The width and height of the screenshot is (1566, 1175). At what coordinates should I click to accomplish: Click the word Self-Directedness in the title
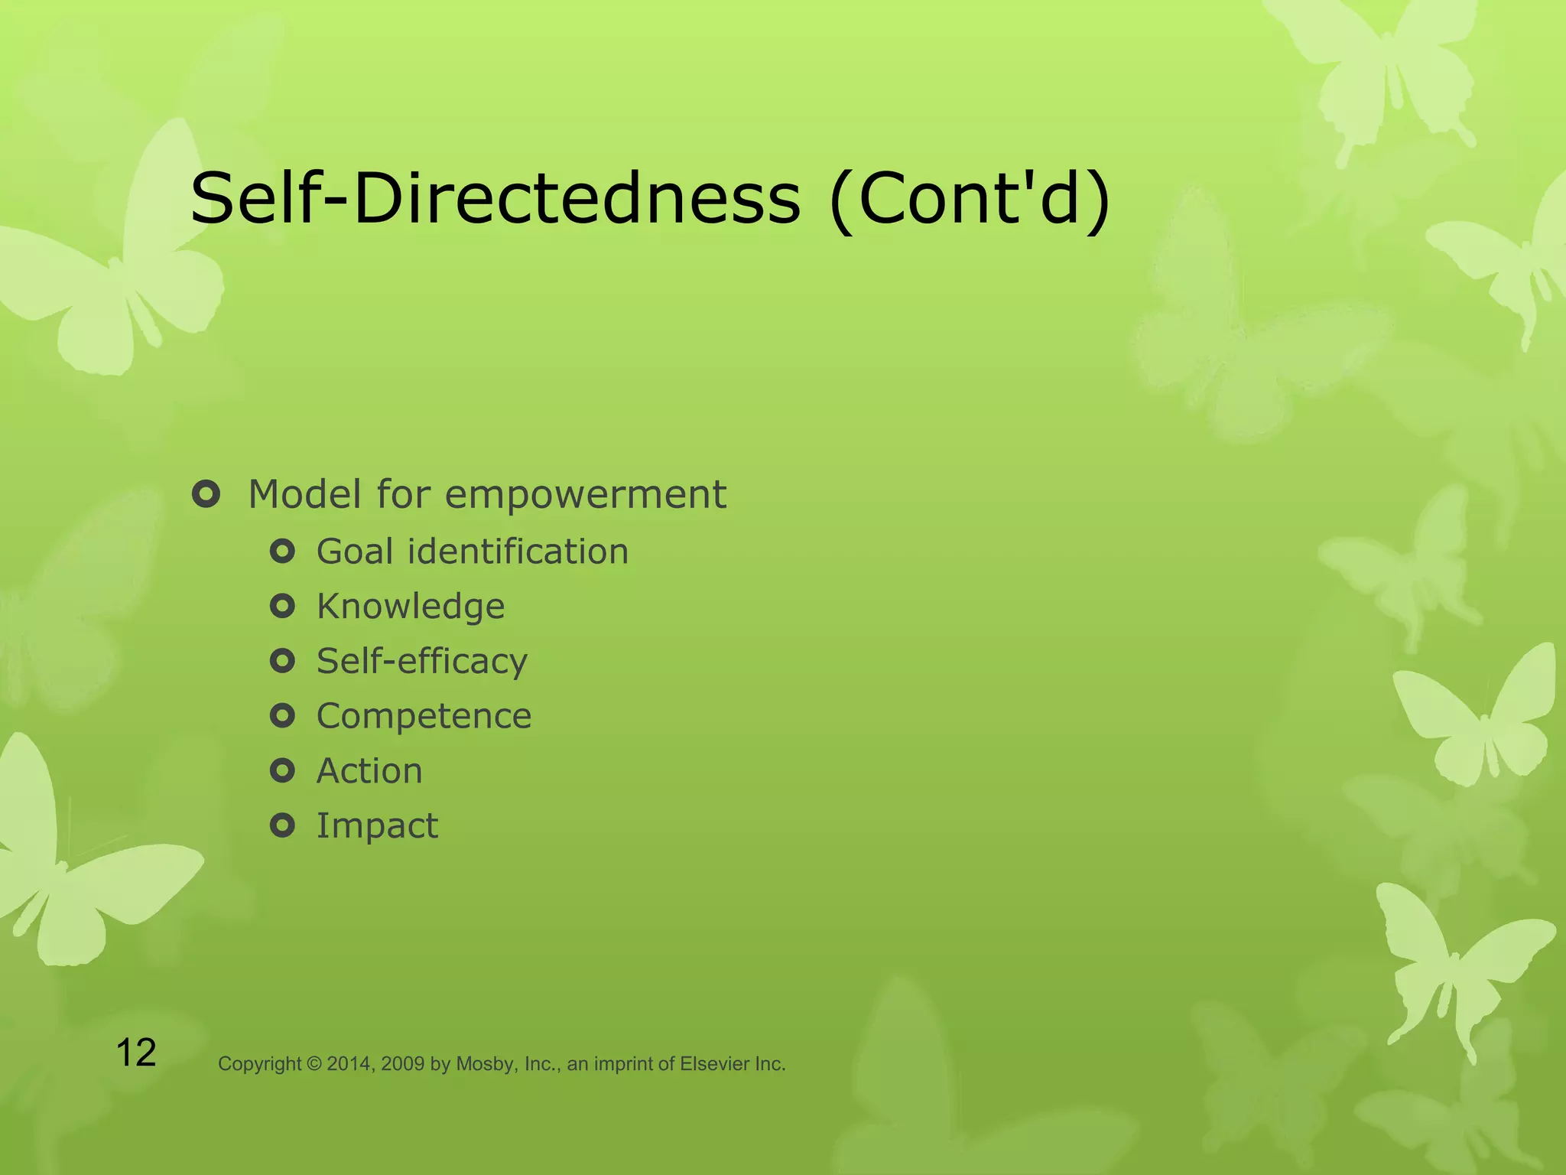(x=495, y=199)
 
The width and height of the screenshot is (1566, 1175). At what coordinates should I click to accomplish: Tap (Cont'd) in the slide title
(x=970, y=200)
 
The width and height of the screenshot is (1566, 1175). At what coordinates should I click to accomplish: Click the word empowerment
(x=585, y=495)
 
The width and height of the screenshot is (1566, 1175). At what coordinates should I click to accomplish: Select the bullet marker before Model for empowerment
(x=206, y=494)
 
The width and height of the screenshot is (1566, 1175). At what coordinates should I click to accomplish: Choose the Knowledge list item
(x=411, y=607)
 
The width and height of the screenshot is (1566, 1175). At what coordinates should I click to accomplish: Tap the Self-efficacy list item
(x=422, y=661)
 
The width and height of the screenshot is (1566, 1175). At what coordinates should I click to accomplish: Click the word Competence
(x=424, y=717)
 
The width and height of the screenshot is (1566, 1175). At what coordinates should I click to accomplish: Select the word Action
(x=369, y=771)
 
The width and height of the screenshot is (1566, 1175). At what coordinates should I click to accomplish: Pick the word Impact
(x=377, y=826)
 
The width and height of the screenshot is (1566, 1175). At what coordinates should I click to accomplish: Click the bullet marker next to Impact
(x=282, y=825)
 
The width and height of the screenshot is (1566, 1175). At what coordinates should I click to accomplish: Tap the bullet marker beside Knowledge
(x=282, y=607)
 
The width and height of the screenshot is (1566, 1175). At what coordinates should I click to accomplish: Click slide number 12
(x=136, y=1053)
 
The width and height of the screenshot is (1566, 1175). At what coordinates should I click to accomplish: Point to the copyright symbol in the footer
(x=314, y=1064)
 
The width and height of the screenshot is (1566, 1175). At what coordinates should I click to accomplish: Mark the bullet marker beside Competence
(x=282, y=716)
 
